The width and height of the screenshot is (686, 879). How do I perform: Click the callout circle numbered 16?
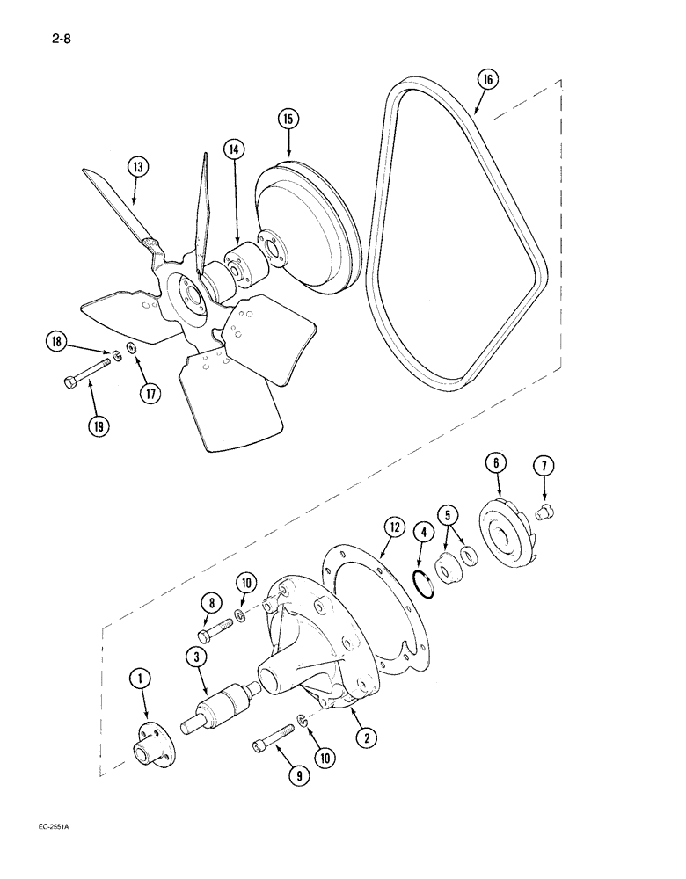coord(488,79)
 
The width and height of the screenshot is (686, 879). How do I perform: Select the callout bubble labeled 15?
coord(289,119)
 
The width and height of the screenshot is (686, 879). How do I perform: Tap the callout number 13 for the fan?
coord(137,165)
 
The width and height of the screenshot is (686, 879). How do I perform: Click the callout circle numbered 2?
coord(361,737)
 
